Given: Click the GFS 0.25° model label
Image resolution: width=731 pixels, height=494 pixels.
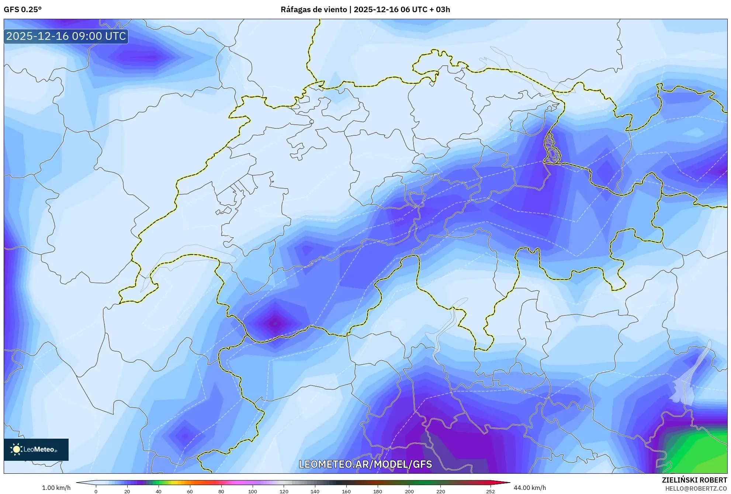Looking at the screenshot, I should pyautogui.click(x=22, y=10).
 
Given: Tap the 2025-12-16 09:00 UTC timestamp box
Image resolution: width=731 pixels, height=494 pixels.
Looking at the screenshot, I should pyautogui.click(x=66, y=36).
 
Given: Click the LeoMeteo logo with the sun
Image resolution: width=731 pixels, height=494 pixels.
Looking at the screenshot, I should pyautogui.click(x=36, y=449).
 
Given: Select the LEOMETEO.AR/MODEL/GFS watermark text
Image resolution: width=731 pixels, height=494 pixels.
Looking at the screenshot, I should pyautogui.click(x=365, y=464).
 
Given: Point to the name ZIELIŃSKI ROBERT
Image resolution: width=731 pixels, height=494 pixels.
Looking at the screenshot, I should pyautogui.click(x=694, y=480).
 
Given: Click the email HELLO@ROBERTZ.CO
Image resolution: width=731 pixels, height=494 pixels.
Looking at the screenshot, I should pyautogui.click(x=696, y=488).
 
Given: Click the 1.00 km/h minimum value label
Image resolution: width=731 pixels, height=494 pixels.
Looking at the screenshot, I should pyautogui.click(x=56, y=488).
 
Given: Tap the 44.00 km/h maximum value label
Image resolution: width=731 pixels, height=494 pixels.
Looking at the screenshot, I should pyautogui.click(x=530, y=488).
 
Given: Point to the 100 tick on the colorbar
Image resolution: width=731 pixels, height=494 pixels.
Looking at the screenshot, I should pyautogui.click(x=252, y=491).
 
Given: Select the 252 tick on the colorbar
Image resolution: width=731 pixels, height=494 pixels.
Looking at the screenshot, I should pyautogui.click(x=490, y=491).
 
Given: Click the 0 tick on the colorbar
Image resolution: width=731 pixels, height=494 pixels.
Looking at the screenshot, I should pyautogui.click(x=96, y=491).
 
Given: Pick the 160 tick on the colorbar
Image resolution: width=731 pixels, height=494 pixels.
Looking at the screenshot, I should pyautogui.click(x=346, y=491).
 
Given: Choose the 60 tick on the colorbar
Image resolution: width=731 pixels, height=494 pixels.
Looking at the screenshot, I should pyautogui.click(x=190, y=491).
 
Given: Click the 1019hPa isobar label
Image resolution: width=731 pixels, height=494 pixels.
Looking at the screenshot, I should pyautogui.click(x=425, y=224).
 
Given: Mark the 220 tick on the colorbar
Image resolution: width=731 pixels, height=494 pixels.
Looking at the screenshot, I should pyautogui.click(x=440, y=491).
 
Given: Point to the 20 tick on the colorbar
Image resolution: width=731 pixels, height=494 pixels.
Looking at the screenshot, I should pyautogui.click(x=127, y=491).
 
